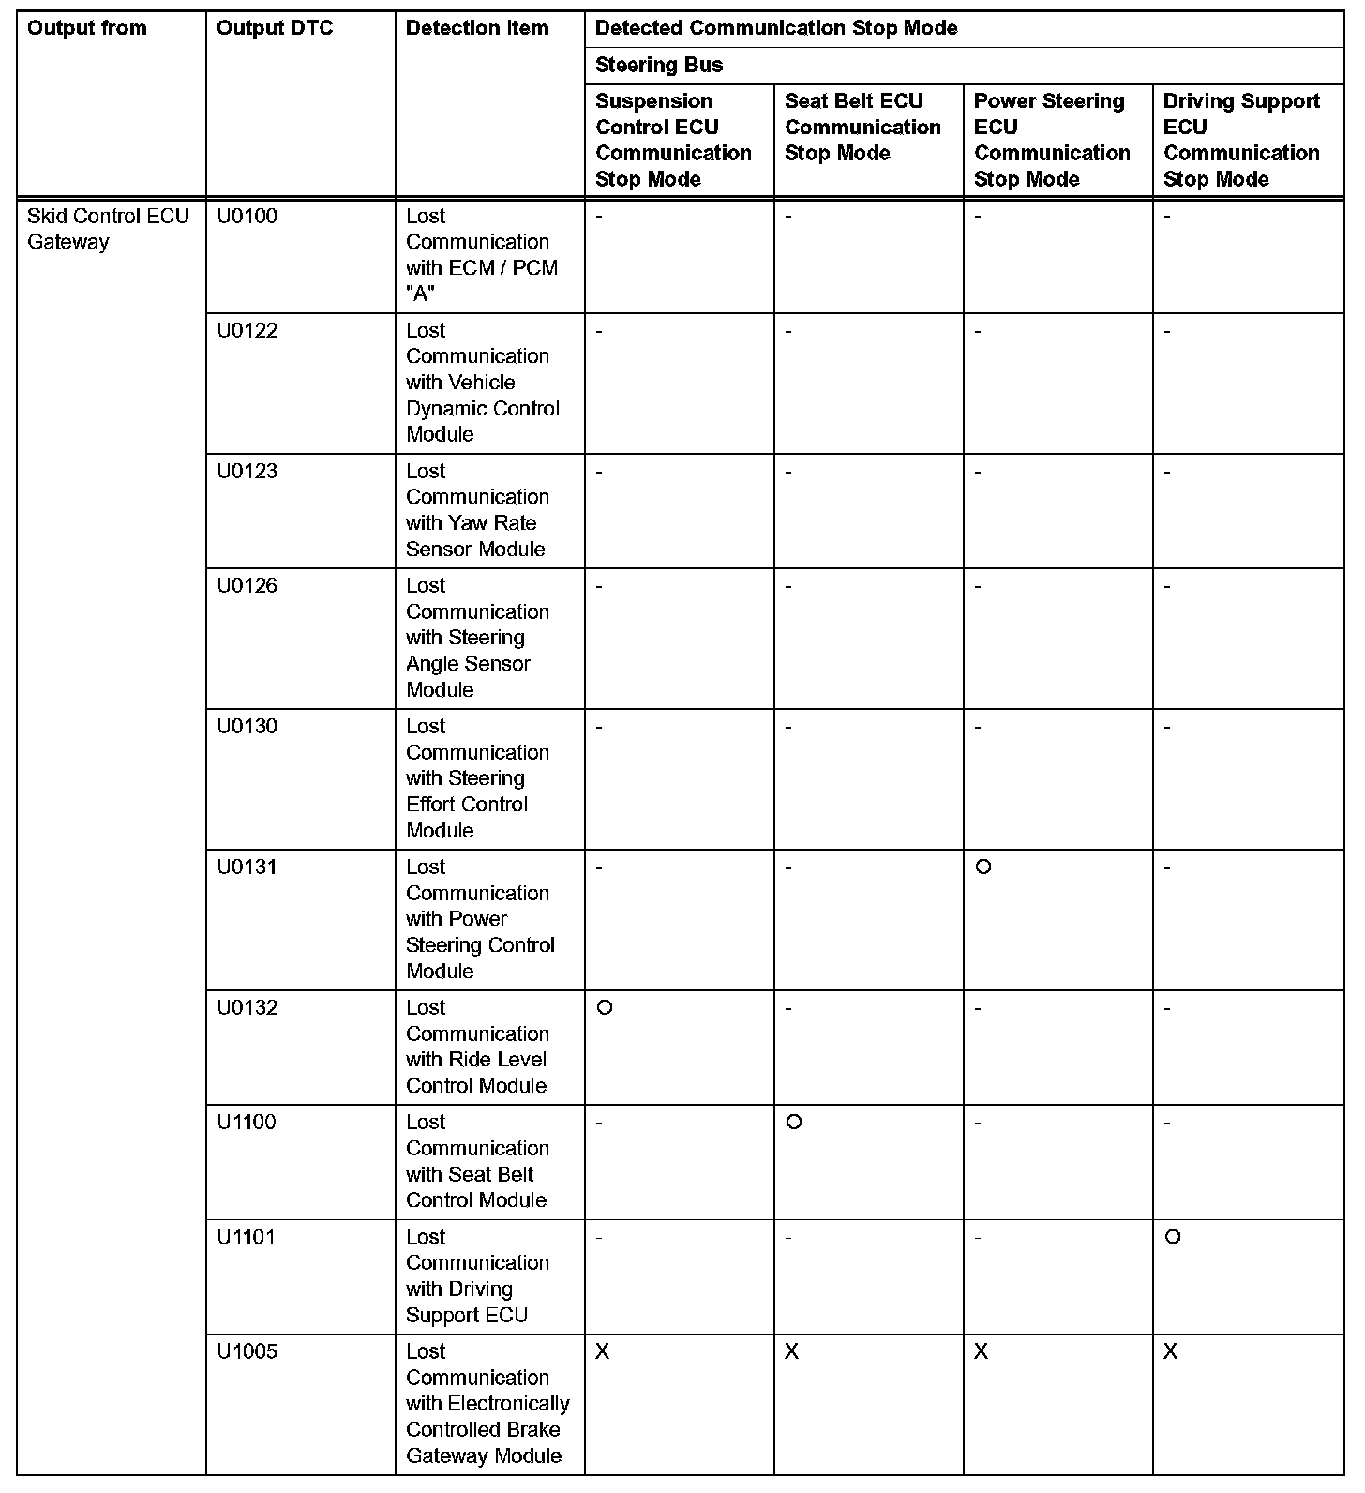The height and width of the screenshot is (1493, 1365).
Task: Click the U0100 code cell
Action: point(247,217)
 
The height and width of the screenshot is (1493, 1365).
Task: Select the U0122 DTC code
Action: point(247,331)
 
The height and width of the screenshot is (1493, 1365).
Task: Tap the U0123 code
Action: point(247,472)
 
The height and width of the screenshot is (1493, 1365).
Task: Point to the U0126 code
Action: point(247,586)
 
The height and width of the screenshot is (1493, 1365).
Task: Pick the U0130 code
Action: point(247,727)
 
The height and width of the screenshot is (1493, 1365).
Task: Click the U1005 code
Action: point(247,1352)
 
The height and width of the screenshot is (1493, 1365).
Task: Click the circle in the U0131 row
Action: point(983,867)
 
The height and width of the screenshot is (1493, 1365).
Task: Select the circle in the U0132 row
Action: point(605,1008)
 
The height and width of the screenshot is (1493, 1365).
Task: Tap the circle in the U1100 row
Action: point(794,1123)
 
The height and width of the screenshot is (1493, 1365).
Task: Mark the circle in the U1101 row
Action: point(1173,1237)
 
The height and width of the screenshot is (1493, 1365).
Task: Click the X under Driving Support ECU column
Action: point(1171,1352)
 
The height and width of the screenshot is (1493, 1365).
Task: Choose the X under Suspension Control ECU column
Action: point(603,1352)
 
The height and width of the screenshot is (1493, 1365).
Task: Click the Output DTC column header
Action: point(275,29)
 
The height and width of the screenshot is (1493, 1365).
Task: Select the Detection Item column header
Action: point(477,29)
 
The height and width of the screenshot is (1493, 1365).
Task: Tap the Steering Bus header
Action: point(659,66)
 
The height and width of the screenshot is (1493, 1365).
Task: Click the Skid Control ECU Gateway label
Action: point(108,229)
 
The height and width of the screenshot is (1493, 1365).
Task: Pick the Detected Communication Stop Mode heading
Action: point(776,29)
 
